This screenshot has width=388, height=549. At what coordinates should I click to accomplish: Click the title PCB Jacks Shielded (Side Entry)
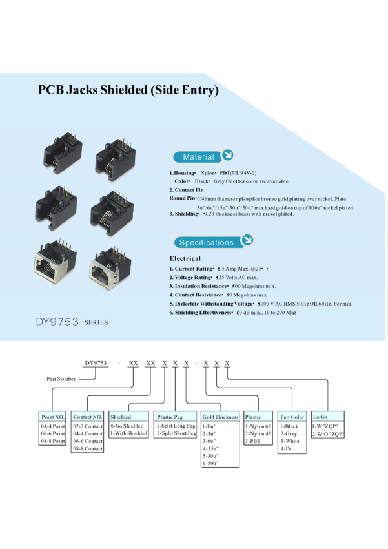[128, 90]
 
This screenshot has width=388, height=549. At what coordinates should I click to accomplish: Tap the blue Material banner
[198, 156]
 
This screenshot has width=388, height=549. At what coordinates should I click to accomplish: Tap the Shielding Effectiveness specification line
[232, 312]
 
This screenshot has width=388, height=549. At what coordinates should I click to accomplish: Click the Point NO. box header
[54, 417]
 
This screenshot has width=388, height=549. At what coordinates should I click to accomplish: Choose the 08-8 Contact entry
[88, 448]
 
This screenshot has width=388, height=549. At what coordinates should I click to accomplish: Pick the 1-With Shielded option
[128, 434]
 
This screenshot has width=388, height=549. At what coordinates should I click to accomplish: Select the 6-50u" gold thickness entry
[210, 463]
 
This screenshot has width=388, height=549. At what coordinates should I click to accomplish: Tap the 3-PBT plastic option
[254, 441]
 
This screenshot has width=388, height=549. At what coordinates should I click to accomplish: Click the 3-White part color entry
[290, 441]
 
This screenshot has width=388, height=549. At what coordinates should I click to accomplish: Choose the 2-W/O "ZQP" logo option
[328, 434]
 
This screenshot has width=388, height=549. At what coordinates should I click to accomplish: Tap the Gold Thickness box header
[221, 417]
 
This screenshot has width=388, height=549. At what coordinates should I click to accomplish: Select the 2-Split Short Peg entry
[176, 434]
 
